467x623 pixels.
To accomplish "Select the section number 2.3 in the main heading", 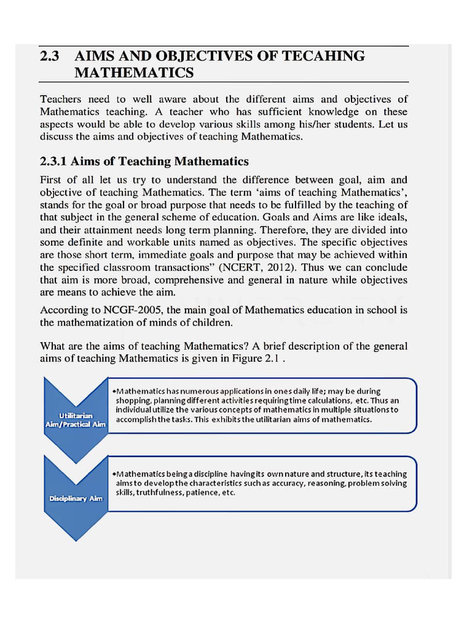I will [50, 57].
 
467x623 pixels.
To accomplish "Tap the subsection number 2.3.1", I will [54, 161].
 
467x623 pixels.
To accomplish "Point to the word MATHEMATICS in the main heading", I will [134, 74].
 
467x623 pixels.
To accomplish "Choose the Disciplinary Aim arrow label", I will [75, 499].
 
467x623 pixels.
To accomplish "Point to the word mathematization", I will [112, 322].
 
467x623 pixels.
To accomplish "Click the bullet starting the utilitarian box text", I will [114, 391].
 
